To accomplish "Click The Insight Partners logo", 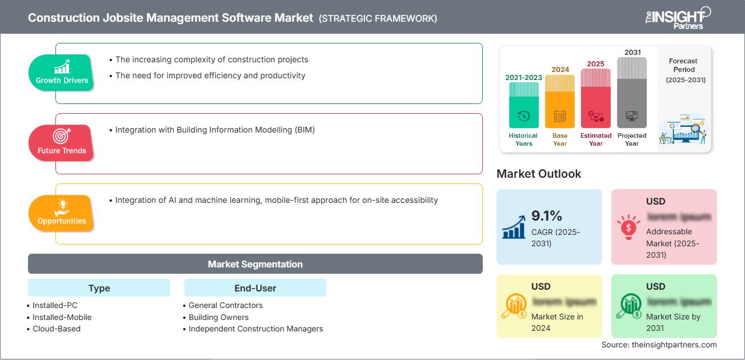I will tap(678, 17).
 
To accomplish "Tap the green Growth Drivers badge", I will tap(62, 73).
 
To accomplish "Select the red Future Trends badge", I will tap(62, 143).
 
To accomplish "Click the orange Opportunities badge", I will tap(62, 213).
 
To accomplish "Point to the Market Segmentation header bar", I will tap(255, 264).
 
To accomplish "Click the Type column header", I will tap(99, 288).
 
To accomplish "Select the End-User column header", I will tap(255, 288).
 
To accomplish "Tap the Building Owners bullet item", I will tap(218, 317).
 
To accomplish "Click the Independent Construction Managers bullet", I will tap(255, 329).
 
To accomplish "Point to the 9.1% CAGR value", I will tap(547, 215).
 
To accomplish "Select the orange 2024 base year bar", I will tap(560, 101).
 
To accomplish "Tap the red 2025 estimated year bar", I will tap(596, 98).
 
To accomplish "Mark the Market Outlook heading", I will tap(539, 174).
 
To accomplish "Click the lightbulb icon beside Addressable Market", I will tap(628, 227).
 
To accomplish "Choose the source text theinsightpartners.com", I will tap(659, 345).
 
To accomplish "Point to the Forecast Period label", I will tap(684, 70).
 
